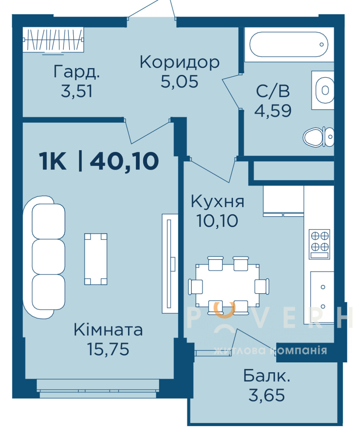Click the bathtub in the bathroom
pos(289,44)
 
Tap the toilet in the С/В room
pos(319,137)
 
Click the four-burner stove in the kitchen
pos(320,244)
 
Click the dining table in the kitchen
pos(227,286)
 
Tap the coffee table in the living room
pos(96,259)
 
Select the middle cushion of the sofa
pos(48,257)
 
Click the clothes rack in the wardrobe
pos(53,39)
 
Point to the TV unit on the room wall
pos(170,263)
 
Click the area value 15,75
pos(108,349)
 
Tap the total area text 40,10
pos(125,161)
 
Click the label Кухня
pos(218,202)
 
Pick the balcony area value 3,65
pos(267,395)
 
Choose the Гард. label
pos(77,72)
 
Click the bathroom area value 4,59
pos(273,111)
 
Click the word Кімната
pos(108,330)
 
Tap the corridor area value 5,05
pos(179,82)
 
